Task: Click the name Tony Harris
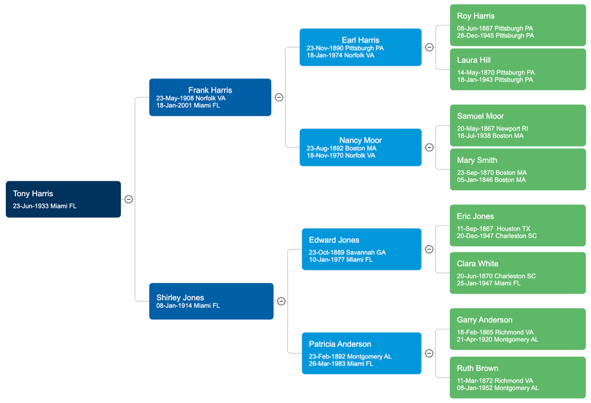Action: pos(33,194)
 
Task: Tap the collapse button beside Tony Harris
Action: pos(128,200)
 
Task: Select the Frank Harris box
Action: pos(210,97)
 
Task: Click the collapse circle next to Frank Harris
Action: pos(279,97)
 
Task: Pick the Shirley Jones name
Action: pos(180,298)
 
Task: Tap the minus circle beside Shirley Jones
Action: pos(281,301)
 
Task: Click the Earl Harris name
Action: pos(361,40)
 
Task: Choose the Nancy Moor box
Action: pos(361,148)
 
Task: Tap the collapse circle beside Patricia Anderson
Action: pos(430,353)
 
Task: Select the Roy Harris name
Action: pos(476,16)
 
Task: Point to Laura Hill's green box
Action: pos(518,70)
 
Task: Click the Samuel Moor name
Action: pos(480,116)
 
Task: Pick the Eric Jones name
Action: pos(475,216)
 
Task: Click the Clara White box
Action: pos(518,273)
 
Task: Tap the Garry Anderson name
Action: pos(485,320)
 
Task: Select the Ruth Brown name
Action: pos(478,368)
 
